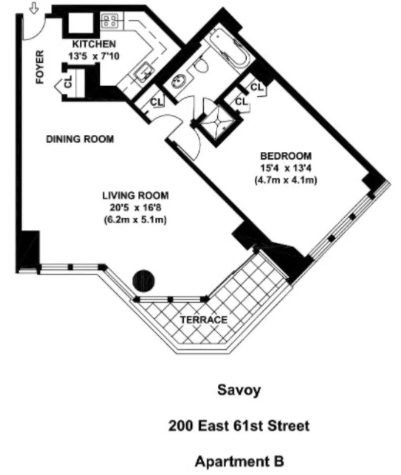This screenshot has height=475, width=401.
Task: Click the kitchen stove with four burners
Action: pos(110,20)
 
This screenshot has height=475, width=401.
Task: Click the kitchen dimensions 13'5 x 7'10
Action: pos(94,56)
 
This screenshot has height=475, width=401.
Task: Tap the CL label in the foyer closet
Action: pos(68,82)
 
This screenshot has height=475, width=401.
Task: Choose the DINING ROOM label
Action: pos(80,139)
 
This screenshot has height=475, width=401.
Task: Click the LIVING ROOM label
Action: pos(135,195)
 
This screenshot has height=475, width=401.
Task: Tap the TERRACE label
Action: pos(203,320)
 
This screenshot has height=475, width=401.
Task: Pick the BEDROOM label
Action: pos(286,156)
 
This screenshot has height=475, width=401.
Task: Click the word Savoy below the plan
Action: pos(239,390)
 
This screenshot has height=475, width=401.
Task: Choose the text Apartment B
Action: pos(239,461)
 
